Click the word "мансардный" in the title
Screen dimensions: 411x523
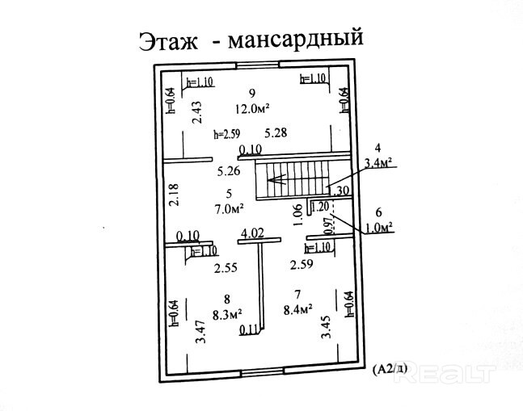pos(293,40)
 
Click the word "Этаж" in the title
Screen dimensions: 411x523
pos(169,41)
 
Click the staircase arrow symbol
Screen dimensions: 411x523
pos(278,179)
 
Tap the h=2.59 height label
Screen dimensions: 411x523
pos(227,133)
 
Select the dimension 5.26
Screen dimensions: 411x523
pos(229,171)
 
